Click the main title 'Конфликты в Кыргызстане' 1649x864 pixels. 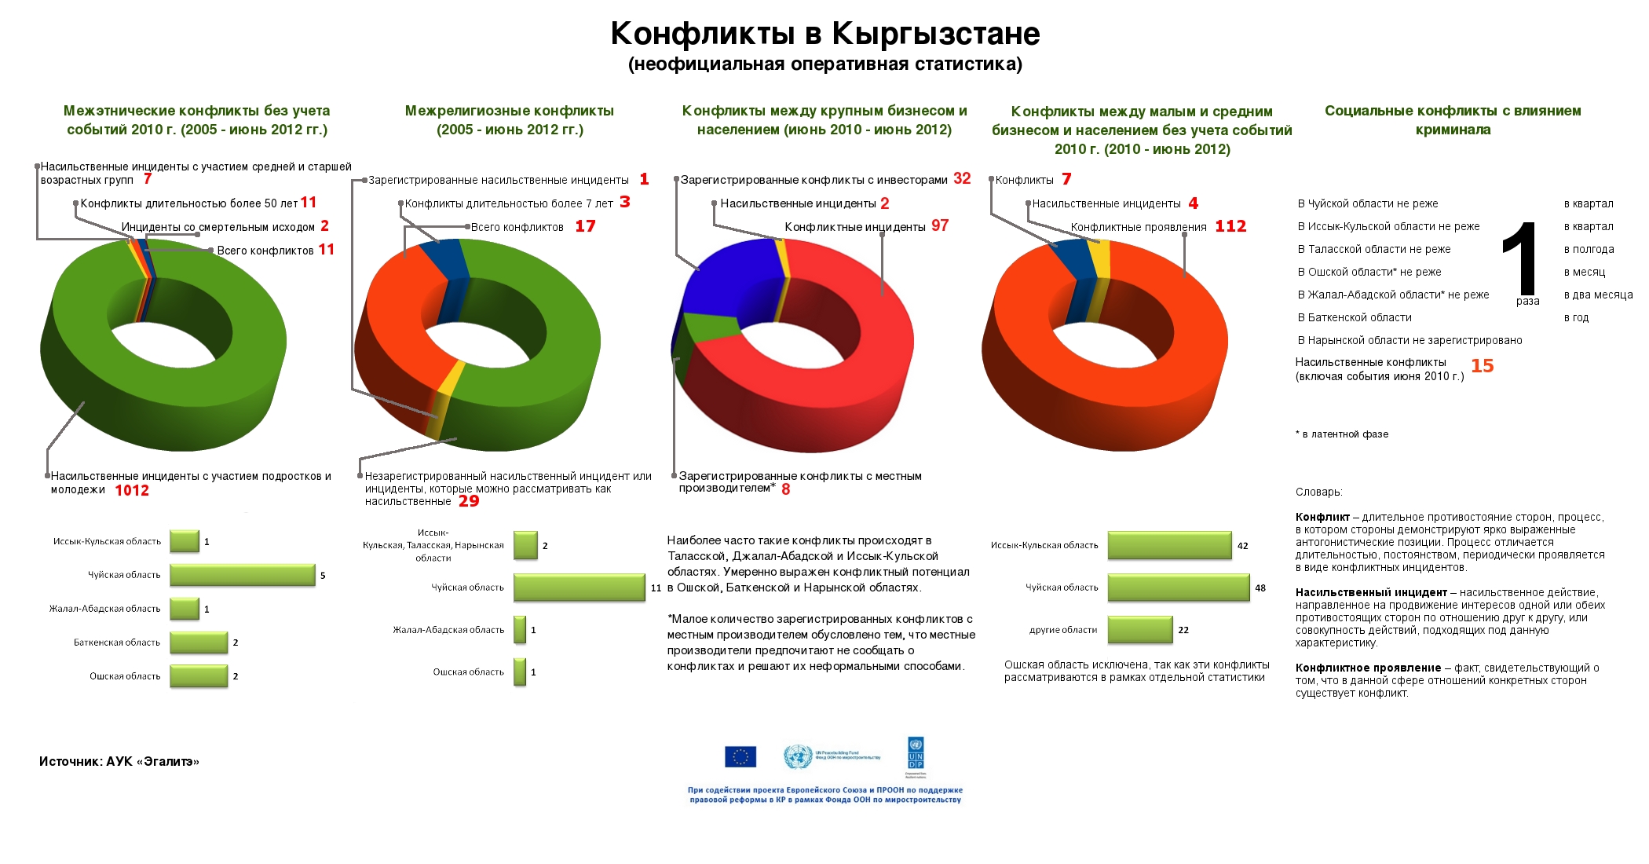(x=824, y=34)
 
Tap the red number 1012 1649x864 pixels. (x=132, y=491)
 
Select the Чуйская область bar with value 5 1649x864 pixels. (x=242, y=575)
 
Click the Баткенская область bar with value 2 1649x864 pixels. (x=199, y=643)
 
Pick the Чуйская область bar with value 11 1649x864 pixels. (x=579, y=588)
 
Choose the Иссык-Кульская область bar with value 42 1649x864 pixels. (x=1169, y=545)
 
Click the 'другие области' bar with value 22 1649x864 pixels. (x=1140, y=630)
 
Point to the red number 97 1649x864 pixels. (x=940, y=226)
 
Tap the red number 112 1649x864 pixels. (x=1230, y=226)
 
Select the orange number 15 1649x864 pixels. (x=1482, y=366)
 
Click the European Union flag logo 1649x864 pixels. (x=740, y=756)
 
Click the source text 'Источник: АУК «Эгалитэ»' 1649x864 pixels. (x=119, y=761)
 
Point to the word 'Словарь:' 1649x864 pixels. (x=1319, y=492)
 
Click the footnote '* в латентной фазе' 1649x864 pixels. (x=1342, y=434)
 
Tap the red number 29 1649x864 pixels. (x=469, y=501)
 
